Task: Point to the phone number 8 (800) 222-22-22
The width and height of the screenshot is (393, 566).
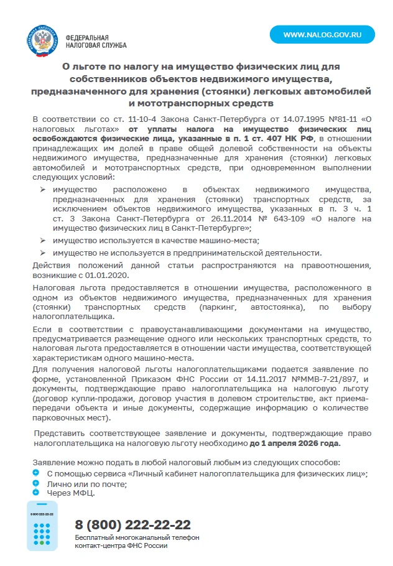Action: (132, 524)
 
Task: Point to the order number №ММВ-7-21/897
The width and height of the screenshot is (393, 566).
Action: (315, 379)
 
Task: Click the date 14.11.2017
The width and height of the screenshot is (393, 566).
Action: (266, 379)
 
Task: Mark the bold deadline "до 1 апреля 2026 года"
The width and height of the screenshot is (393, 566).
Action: (295, 443)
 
